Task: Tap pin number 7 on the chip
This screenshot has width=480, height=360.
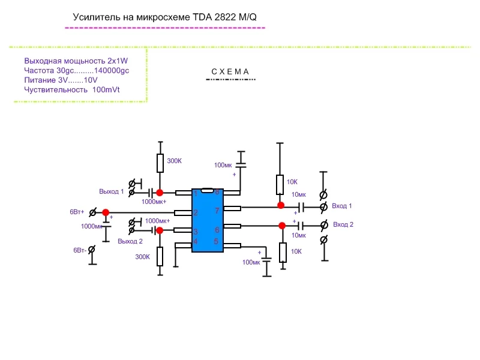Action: click(217, 211)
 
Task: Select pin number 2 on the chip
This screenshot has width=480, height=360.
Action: click(195, 212)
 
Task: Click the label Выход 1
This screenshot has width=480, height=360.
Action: click(112, 191)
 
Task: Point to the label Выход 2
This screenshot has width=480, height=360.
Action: click(130, 241)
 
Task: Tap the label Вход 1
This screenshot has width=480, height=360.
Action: click(343, 206)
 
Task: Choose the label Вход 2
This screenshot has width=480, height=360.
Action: click(343, 224)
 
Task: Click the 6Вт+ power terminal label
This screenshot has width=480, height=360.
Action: click(77, 212)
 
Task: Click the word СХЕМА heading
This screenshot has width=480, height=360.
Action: click(230, 72)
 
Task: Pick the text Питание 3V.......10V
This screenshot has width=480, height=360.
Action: click(61, 80)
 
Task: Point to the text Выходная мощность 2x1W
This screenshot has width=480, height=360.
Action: click(77, 61)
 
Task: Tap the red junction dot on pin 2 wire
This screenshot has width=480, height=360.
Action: click(106, 212)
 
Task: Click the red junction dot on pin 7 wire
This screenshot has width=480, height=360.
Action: click(280, 205)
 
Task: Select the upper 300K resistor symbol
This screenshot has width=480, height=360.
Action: click(160, 163)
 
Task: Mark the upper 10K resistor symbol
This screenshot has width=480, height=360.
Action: click(280, 184)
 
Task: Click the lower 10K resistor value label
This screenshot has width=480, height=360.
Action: click(296, 251)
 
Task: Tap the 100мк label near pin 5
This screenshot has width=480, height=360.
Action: click(250, 263)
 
